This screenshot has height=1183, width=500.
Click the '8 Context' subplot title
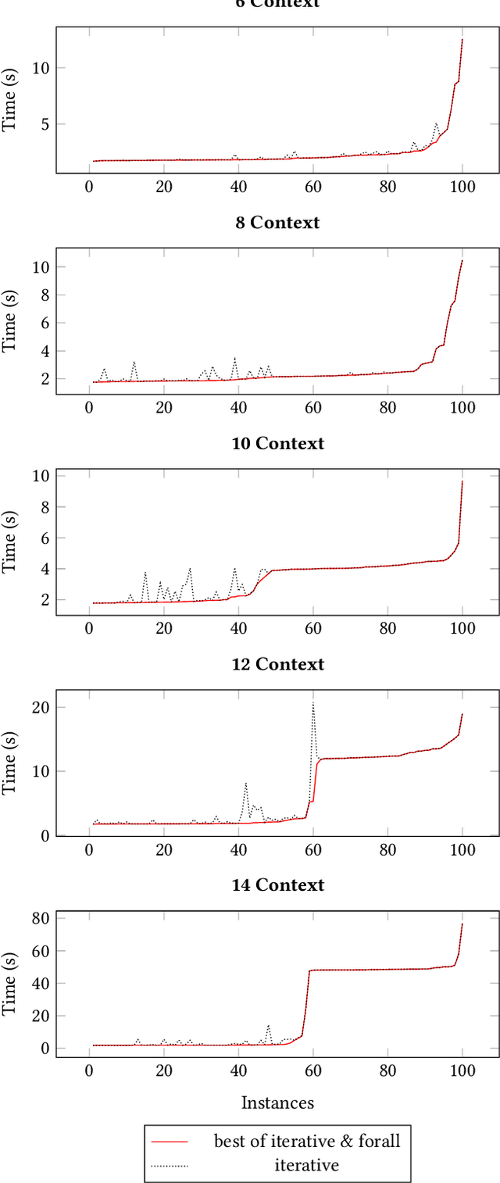tap(277, 223)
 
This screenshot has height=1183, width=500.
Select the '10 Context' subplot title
tap(277, 444)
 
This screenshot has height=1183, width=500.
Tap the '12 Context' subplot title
tap(277, 664)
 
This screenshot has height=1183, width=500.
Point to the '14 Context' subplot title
tap(277, 885)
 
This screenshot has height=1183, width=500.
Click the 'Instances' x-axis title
tap(277, 1103)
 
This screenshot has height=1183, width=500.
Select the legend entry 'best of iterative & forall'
tap(307, 1141)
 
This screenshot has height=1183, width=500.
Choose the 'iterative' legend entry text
tap(307, 1166)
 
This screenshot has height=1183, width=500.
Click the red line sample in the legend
tap(170, 1142)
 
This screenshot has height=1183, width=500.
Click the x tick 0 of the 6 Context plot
tap(89, 188)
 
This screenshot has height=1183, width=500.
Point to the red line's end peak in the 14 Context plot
tap(462, 924)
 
